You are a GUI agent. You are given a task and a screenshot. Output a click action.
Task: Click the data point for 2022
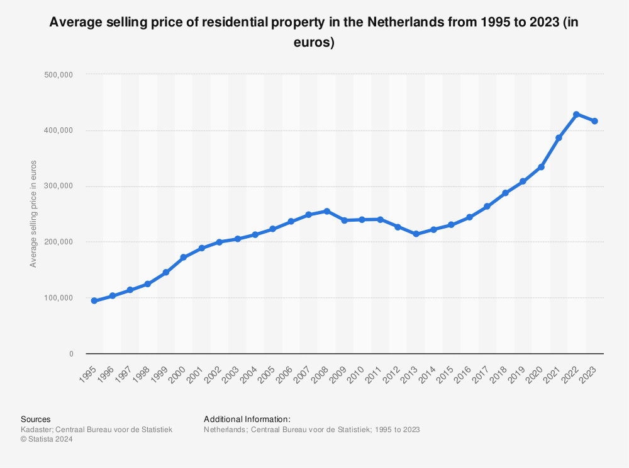pos(576,115)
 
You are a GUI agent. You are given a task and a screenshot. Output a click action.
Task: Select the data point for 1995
pos(94,301)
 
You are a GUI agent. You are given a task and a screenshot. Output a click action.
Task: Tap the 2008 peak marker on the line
pos(326,211)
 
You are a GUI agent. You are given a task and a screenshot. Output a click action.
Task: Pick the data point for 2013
pos(416,234)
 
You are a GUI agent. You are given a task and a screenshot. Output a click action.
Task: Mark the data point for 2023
pos(594,121)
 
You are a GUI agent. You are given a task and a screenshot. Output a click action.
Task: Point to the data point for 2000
pos(183,258)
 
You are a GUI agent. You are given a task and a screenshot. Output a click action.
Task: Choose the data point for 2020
pos(541,167)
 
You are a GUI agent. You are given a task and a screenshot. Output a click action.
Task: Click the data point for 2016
pos(469,217)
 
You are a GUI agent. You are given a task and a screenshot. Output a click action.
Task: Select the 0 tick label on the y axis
pos(71,354)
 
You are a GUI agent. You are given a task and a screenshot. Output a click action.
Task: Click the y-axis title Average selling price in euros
pos(33,214)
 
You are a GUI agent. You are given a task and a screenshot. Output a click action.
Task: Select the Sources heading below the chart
pos(36,419)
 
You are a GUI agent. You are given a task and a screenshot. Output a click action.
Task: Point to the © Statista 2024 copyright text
pos(47,440)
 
